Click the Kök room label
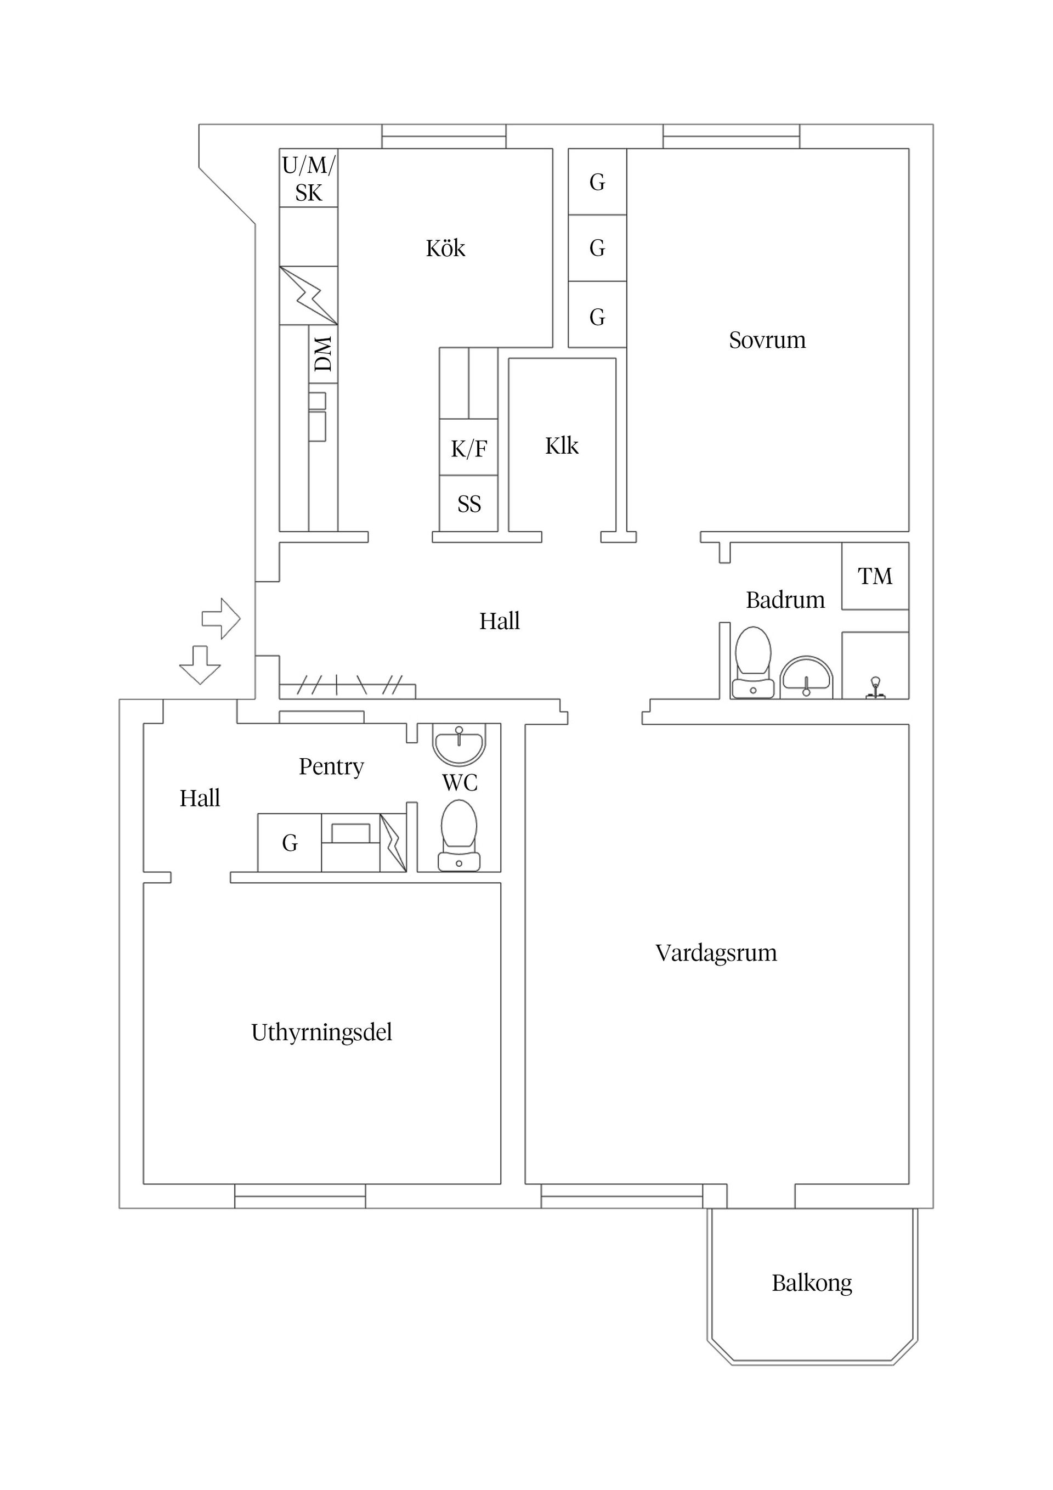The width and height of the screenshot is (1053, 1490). pos(445,249)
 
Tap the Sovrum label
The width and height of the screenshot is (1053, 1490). pos(767,341)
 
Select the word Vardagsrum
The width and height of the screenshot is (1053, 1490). pos(716,953)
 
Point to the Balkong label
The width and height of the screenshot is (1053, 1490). pos(811,1284)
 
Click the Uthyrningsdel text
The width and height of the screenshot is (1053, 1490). pos(321,1032)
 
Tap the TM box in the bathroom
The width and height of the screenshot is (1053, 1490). pos(875,576)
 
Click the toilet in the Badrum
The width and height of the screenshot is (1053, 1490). pos(752,662)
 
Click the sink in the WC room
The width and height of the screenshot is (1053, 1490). pos(458,744)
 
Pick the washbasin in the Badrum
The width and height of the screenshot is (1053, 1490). pos(806,677)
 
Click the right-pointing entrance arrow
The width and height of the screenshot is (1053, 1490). pos(221,618)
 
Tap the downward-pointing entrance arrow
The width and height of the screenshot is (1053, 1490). pos(200,664)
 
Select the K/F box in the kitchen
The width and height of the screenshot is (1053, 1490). pos(468,448)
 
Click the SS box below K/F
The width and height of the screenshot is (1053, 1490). pos(468,504)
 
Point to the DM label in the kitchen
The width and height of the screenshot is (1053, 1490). pos(323,354)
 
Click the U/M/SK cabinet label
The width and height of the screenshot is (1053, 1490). pos(308,178)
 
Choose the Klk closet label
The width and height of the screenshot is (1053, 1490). pos(561,446)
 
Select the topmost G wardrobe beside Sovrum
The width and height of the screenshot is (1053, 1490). pos(597,182)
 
